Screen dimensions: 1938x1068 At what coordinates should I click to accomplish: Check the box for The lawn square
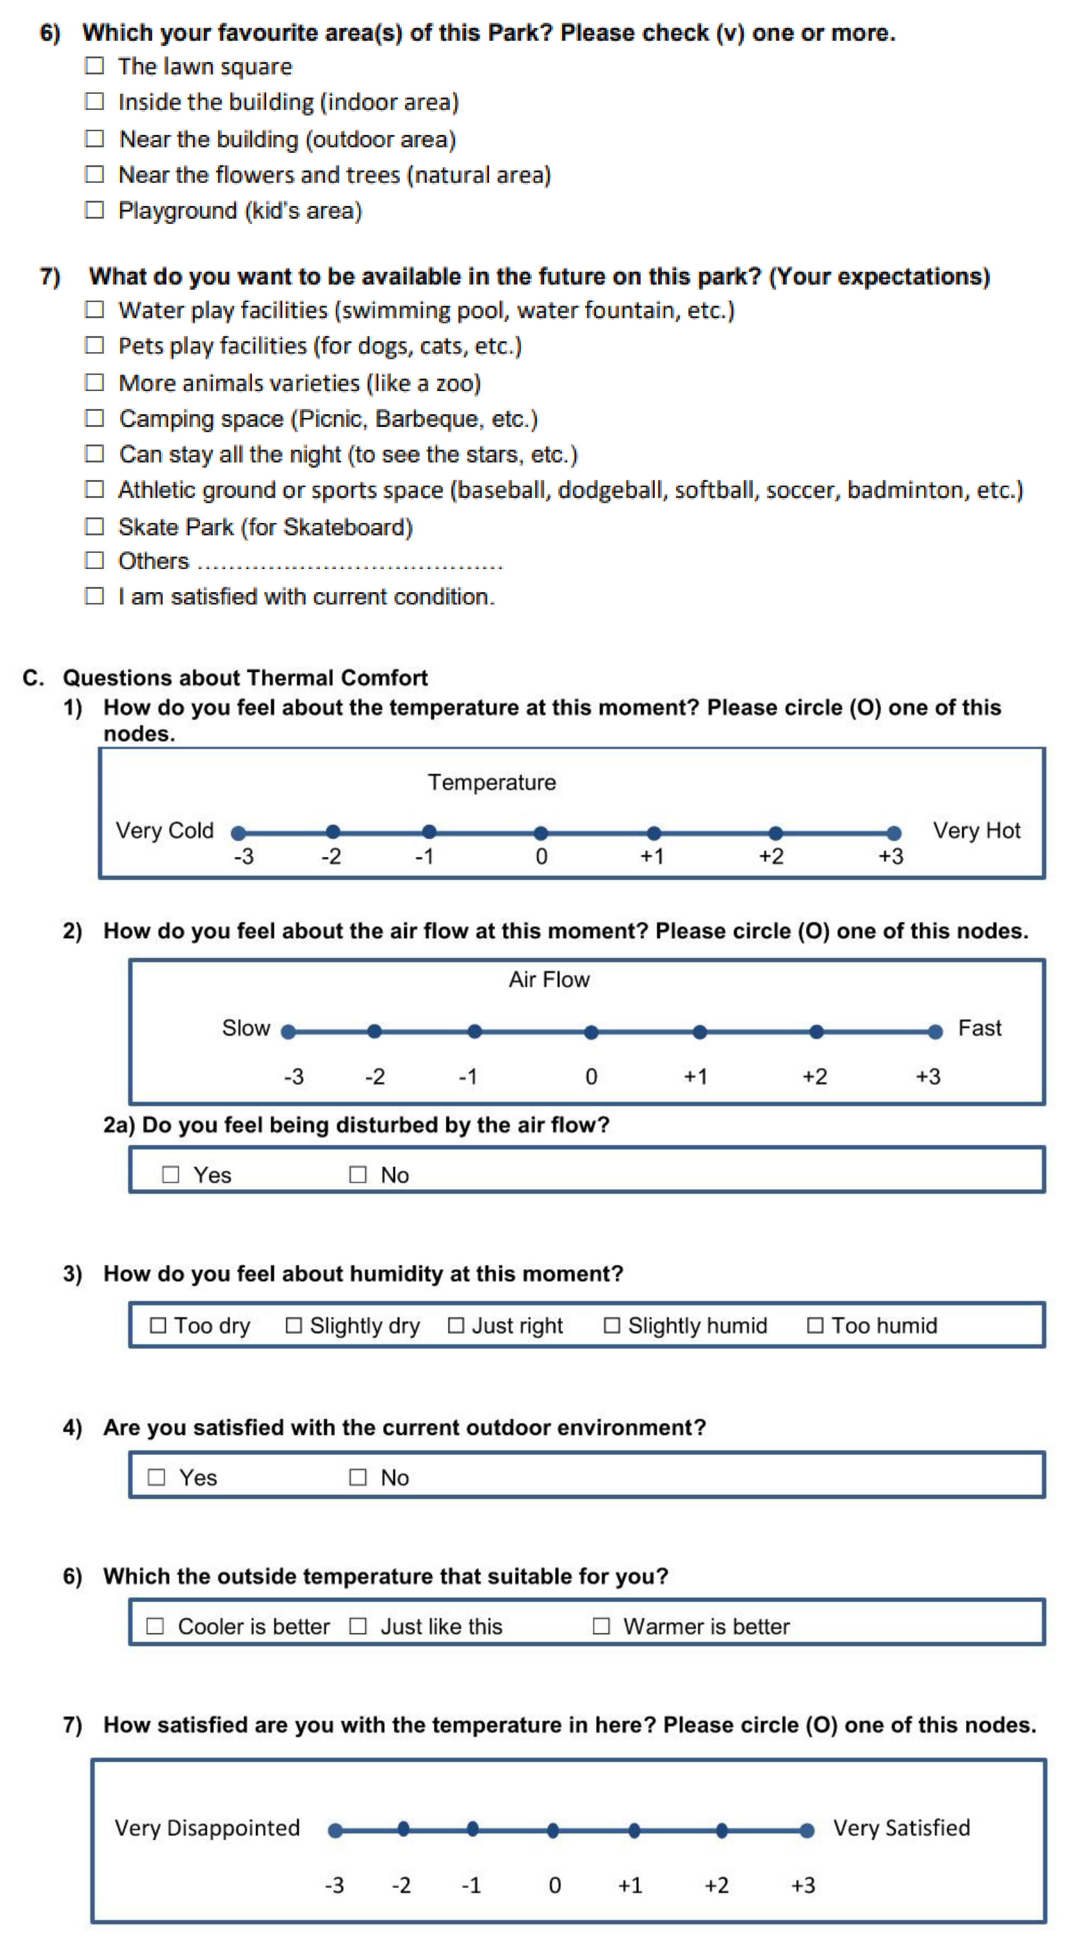[x=94, y=66]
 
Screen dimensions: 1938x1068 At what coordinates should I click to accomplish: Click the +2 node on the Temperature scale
[x=775, y=833]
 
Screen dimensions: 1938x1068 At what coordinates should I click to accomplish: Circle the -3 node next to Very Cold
[x=239, y=833]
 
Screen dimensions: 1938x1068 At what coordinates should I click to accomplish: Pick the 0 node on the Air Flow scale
[x=592, y=1032]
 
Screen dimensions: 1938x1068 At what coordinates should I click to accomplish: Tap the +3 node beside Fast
[x=936, y=1032]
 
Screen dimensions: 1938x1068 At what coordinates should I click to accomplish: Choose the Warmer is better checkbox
[x=601, y=1627]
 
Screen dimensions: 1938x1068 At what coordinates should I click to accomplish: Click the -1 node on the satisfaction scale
[x=473, y=1829]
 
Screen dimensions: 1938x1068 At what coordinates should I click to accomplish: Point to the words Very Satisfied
[x=902, y=1828]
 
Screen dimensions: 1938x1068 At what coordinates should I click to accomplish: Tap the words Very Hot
[x=977, y=831]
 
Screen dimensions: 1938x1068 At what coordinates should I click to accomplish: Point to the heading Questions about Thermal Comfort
[x=245, y=678]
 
